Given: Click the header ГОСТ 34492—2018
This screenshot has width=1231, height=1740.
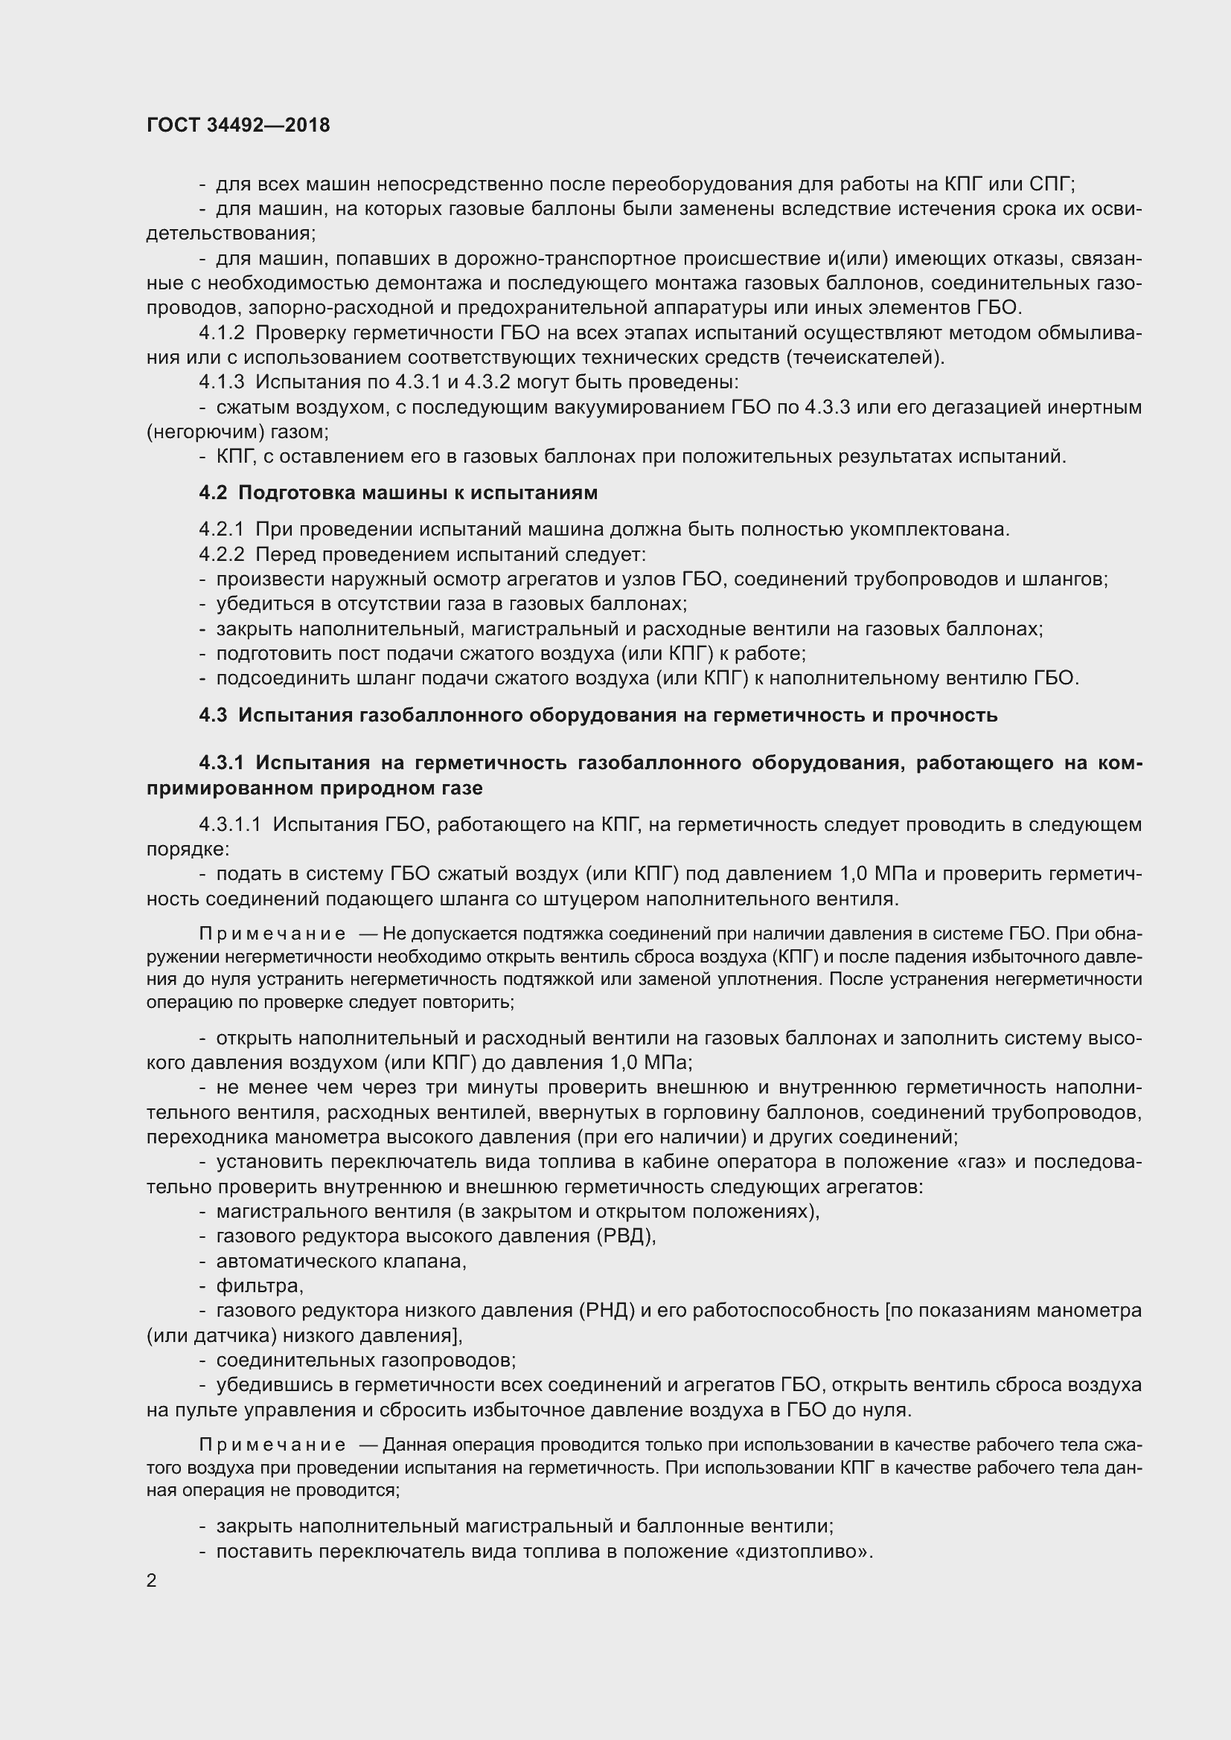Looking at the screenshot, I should [x=238, y=125].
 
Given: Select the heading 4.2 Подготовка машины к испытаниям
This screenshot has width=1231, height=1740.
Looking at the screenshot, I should [x=398, y=492].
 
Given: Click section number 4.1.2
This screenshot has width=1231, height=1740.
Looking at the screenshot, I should [x=221, y=333].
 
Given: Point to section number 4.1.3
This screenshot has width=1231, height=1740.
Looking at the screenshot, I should [x=221, y=382].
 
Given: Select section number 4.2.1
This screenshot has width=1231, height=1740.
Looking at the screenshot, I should [x=221, y=529].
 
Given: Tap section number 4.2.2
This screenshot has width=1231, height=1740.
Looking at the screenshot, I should [x=221, y=554].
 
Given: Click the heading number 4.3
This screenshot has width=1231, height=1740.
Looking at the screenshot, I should [x=213, y=715].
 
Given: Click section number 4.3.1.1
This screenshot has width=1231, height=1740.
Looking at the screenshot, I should [x=230, y=824].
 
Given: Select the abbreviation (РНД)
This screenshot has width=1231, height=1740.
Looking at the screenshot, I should [x=607, y=1310].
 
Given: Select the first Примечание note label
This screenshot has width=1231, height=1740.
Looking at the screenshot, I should [x=272, y=934].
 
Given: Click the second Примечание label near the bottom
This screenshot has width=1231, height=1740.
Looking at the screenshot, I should [x=272, y=1445].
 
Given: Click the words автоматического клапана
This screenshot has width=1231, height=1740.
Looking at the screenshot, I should [x=341, y=1261].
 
